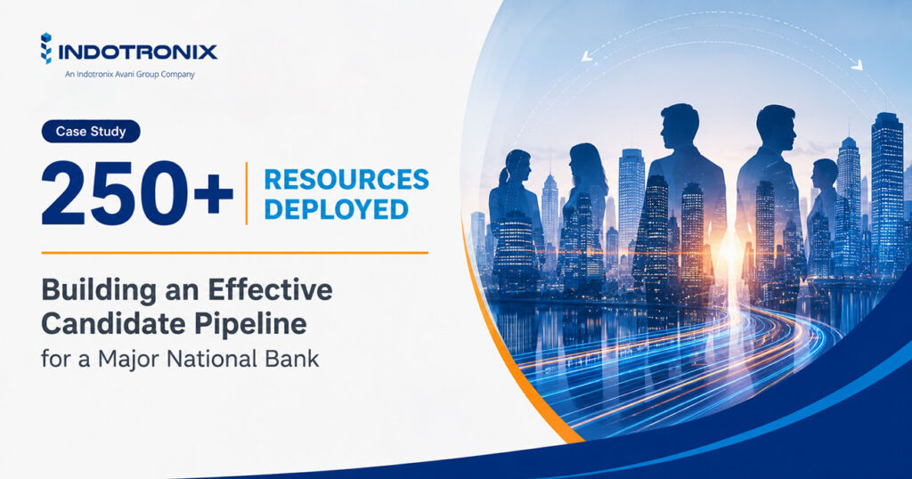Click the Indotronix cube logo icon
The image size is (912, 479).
pos(46,48)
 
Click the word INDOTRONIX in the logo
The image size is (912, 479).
pos(138,53)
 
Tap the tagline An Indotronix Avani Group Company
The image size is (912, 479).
pos(130,75)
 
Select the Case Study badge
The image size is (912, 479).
pos(91,132)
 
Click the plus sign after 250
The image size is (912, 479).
pos(214,193)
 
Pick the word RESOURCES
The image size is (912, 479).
pos(346,180)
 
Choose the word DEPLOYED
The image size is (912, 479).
pos(336,209)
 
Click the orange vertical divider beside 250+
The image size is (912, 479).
pos(247,193)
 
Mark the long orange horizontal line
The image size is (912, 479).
pos(235,253)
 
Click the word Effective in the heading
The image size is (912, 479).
pos(271,289)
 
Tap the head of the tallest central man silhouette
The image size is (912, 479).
pos(680,125)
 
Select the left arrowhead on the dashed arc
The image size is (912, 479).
pos(586,56)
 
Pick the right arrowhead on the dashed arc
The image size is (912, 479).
pos(857,65)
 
